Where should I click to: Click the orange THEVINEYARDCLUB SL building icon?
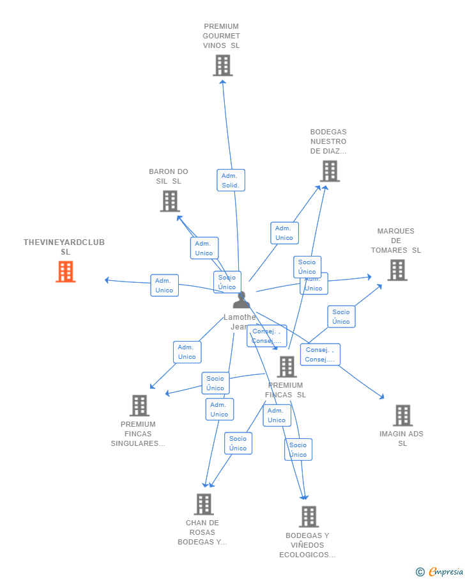pyautogui.click(x=65, y=272)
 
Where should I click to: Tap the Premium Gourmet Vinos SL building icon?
pyautogui.click(x=222, y=65)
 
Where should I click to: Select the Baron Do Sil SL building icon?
pyautogui.click(x=169, y=201)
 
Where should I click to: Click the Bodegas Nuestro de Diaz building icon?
pyautogui.click(x=330, y=171)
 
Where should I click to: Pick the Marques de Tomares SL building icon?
pyautogui.click(x=397, y=270)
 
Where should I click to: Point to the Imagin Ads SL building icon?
pyautogui.click(x=402, y=415)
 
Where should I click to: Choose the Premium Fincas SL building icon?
pyautogui.click(x=287, y=367)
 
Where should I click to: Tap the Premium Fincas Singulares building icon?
pyautogui.click(x=139, y=406)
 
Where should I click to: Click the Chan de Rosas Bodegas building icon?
pyautogui.click(x=203, y=504)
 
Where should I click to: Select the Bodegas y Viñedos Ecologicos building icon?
pyautogui.click(x=309, y=516)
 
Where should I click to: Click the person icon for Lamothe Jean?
pyautogui.click(x=241, y=300)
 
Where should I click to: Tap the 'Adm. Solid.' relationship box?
pyautogui.click(x=231, y=180)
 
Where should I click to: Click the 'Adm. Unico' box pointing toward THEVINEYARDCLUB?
pyautogui.click(x=164, y=285)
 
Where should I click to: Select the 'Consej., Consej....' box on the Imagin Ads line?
pyautogui.click(x=320, y=354)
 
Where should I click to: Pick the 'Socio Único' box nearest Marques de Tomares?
pyautogui.click(x=341, y=317)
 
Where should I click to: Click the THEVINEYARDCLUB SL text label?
pyautogui.click(x=65, y=247)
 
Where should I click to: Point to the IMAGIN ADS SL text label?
pyautogui.click(x=402, y=438)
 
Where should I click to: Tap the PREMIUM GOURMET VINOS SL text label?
pyautogui.click(x=222, y=36)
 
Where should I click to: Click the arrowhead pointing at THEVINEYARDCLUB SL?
pyautogui.click(x=107, y=280)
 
